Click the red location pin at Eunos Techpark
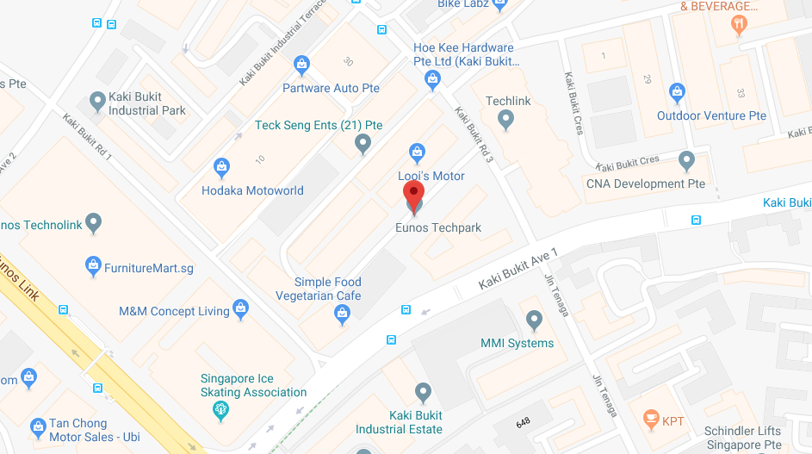tap(414, 194)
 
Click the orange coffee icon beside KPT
tap(651, 420)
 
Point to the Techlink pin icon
tap(506, 120)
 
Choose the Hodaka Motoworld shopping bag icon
tap(222, 168)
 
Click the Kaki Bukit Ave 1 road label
tap(518, 269)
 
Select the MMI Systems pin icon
tap(535, 321)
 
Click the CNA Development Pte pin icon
tap(686, 161)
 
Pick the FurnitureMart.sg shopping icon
tap(94, 267)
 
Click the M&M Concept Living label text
tap(174, 311)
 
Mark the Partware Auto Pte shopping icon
tap(301, 65)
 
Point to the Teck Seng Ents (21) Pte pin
tap(363, 145)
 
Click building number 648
tap(523, 422)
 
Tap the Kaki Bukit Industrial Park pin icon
tap(96, 102)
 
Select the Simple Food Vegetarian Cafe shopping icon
tap(343, 316)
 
